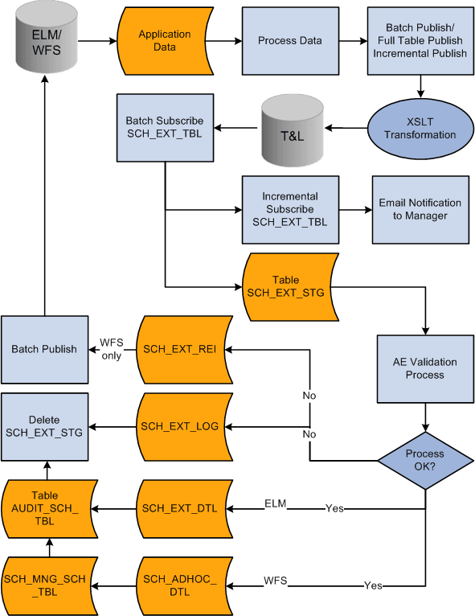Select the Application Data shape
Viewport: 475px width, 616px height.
tap(164, 40)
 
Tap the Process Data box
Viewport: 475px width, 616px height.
tap(289, 41)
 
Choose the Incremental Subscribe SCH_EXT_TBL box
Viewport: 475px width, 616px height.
tap(289, 209)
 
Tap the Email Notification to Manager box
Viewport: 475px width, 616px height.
tap(420, 209)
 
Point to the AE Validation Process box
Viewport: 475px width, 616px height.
tap(425, 368)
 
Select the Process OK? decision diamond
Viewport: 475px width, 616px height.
tap(425, 460)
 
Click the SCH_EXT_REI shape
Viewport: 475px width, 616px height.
tap(185, 349)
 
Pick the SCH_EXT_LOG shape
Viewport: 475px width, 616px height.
tap(185, 425)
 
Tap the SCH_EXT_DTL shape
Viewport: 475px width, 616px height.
tap(185, 509)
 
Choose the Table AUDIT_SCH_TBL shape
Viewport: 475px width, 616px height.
tap(48, 509)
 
